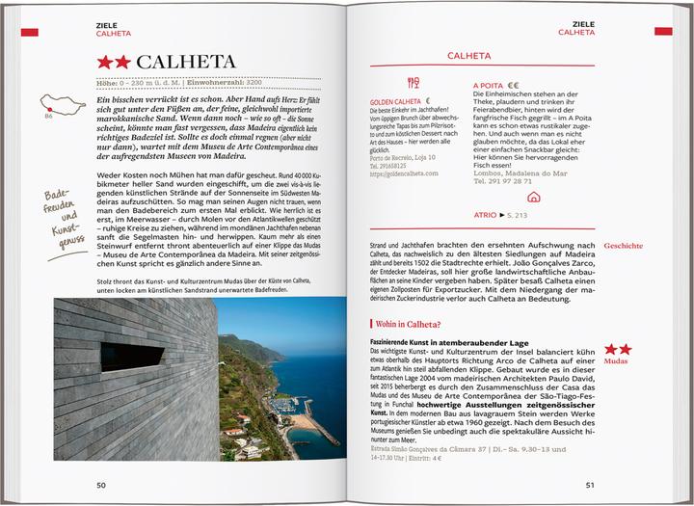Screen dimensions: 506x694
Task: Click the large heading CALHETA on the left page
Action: pyautogui.click(x=186, y=62)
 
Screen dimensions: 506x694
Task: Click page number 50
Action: pyautogui.click(x=101, y=484)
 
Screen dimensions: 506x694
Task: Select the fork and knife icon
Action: pyautogui.click(x=413, y=84)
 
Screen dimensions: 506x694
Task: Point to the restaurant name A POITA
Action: pyautogui.click(x=489, y=85)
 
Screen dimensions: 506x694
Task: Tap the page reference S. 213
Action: pyautogui.click(x=516, y=215)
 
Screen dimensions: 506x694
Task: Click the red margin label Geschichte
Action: pyautogui.click(x=624, y=246)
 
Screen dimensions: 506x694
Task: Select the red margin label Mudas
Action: pyautogui.click(x=618, y=361)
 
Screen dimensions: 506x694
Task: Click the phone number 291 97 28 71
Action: pyautogui.click(x=509, y=181)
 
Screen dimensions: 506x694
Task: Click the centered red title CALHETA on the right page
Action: pyautogui.click(x=469, y=56)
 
